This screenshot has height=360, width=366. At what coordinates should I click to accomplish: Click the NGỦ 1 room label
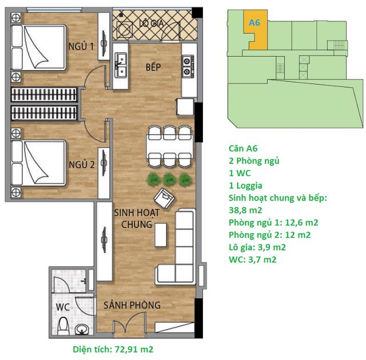pyautogui.click(x=81, y=46)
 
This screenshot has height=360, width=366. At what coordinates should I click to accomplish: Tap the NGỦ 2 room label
pyautogui.click(x=82, y=165)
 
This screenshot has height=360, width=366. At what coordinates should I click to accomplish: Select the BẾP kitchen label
pyautogui.click(x=153, y=67)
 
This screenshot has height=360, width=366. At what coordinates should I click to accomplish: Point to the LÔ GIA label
pyautogui.click(x=151, y=23)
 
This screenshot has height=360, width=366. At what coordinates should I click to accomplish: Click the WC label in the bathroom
pyautogui.click(x=62, y=307)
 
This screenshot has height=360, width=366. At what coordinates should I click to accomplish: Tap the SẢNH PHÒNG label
pyautogui.click(x=132, y=305)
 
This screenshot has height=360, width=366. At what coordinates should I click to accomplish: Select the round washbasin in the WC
pyautogui.click(x=81, y=330)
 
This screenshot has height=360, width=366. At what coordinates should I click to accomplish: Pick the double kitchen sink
pyautogui.click(x=121, y=65)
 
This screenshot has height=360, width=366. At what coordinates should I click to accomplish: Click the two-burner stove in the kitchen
pyautogui.click(x=187, y=66)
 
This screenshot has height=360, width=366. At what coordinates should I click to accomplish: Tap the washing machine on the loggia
pyautogui.click(x=125, y=29)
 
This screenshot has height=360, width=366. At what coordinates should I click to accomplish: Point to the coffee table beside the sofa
pyautogui.click(x=161, y=235)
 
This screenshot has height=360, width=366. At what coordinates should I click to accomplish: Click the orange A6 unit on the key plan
pyautogui.click(x=256, y=30)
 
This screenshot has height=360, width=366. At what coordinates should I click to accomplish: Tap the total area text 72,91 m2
pyautogui.click(x=134, y=349)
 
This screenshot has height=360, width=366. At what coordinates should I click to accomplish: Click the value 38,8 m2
pyautogui.click(x=245, y=210)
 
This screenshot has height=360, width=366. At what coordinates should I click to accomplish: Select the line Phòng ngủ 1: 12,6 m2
pyautogui.click(x=273, y=223)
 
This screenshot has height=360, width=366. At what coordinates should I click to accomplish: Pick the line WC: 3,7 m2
pyautogui.click(x=253, y=259)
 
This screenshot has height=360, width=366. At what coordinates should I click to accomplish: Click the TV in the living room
pyautogui.click(x=104, y=239)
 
